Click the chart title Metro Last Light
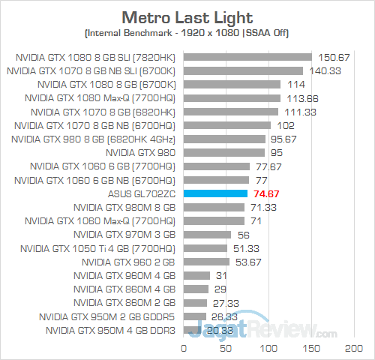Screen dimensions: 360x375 [187, 16]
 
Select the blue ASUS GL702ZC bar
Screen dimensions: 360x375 [215, 193]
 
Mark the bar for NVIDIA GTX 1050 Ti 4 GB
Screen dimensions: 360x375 [205, 248]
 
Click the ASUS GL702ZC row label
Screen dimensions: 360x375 [141, 193]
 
